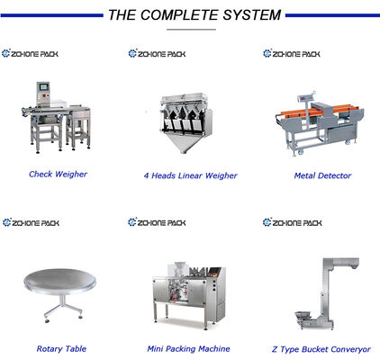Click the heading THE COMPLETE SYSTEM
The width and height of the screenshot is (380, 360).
(194, 15)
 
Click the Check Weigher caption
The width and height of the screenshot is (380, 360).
(58, 174)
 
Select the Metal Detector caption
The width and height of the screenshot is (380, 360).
(322, 175)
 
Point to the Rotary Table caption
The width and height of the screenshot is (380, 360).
(61, 348)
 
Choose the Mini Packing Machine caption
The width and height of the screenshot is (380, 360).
(188, 348)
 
